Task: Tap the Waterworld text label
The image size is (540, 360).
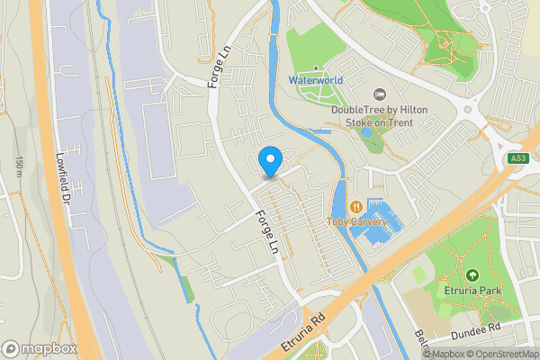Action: [315, 80]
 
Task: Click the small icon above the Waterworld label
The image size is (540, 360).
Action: [316, 68]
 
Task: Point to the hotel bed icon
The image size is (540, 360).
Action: [379, 94]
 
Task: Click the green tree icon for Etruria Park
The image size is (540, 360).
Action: [472, 274]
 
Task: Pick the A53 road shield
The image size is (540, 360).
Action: [517, 159]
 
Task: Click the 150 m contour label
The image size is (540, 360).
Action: [19, 166]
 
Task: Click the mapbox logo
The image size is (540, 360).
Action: [39, 348]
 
